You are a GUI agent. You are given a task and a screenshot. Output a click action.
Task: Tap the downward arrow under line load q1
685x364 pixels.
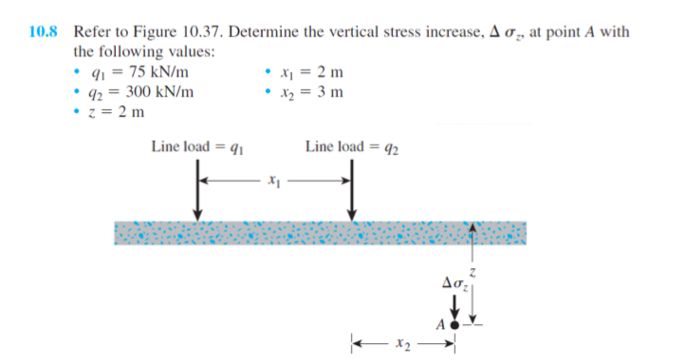point(196,198)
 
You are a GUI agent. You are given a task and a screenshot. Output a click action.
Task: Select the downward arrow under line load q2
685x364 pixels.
point(352,198)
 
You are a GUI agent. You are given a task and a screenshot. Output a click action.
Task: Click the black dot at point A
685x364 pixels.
point(454,324)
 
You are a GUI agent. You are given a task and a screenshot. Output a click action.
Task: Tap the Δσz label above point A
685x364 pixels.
point(456,283)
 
